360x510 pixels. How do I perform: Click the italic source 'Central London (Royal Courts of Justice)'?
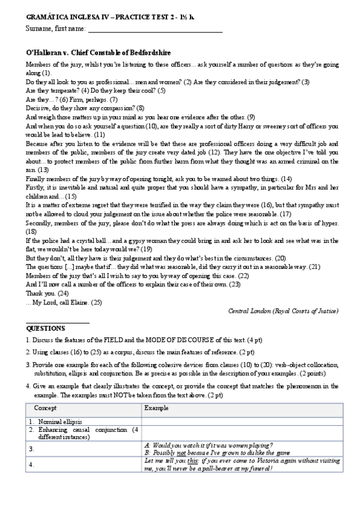(x=283, y=311)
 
